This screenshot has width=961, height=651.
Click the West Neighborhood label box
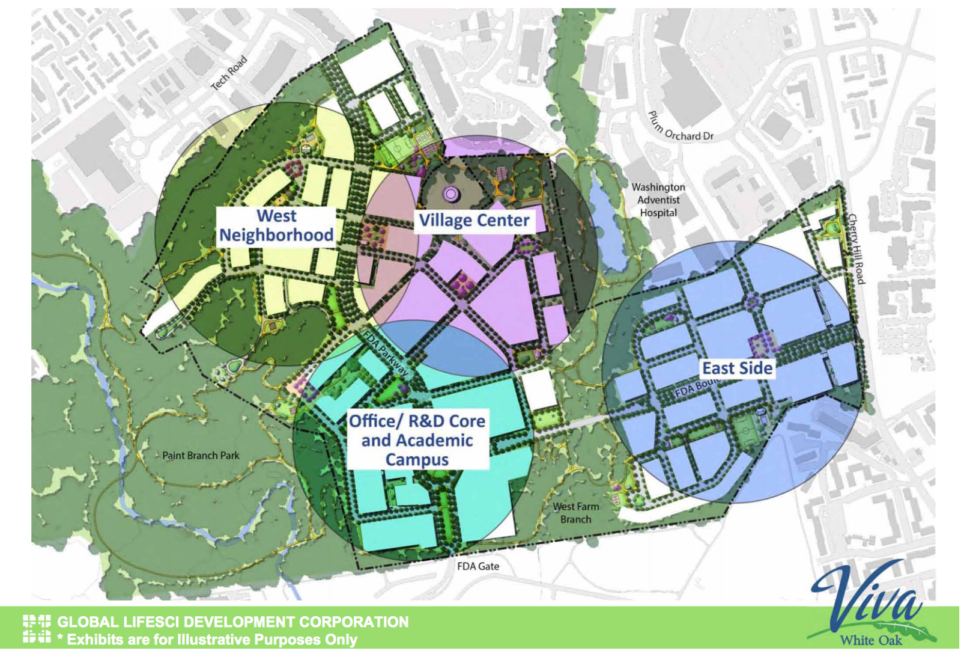276,226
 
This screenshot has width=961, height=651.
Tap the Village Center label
474,221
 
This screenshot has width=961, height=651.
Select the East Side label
737,368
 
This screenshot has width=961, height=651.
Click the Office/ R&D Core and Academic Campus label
417,440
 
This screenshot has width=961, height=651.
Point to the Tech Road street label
229,73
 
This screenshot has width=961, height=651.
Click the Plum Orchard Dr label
680,128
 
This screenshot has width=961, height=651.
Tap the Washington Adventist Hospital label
658,200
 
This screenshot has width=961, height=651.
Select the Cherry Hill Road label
856,248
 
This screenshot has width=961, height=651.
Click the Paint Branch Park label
201,456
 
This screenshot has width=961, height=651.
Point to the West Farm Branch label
575,513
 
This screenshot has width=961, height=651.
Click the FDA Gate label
478,566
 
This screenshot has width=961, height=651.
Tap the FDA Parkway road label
384,355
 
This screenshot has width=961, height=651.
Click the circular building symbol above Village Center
450,194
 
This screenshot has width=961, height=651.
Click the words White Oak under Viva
870,640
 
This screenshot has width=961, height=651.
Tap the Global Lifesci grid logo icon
37,629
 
